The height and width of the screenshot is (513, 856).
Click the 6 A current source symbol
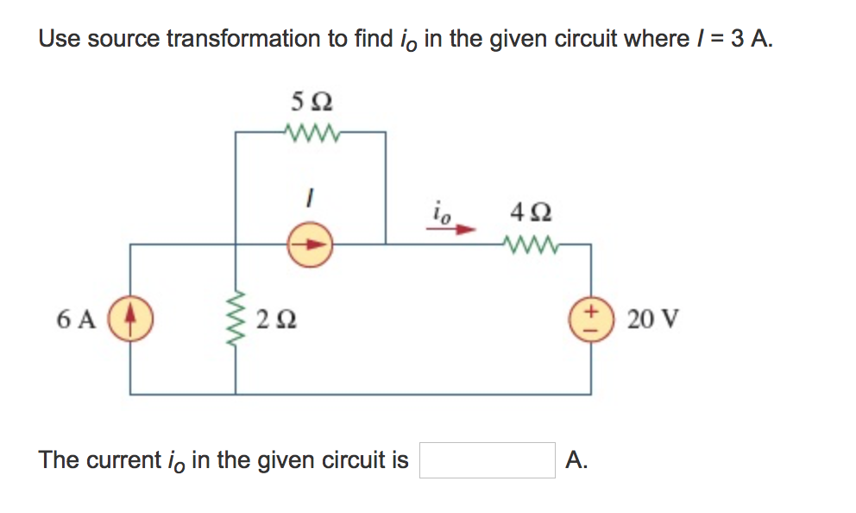pos(131,318)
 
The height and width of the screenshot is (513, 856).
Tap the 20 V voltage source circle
pos(591,318)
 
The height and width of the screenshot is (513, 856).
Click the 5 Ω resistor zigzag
pos(311,133)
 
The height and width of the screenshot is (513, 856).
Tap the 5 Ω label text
pos(311,102)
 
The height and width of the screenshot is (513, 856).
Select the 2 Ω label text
pos(278,320)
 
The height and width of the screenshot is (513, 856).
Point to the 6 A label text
pos(76,320)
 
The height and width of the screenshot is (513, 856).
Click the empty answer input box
pos(488,460)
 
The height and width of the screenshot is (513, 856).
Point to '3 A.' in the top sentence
pos(746,39)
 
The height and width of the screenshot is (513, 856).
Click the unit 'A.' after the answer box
pos(576,460)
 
